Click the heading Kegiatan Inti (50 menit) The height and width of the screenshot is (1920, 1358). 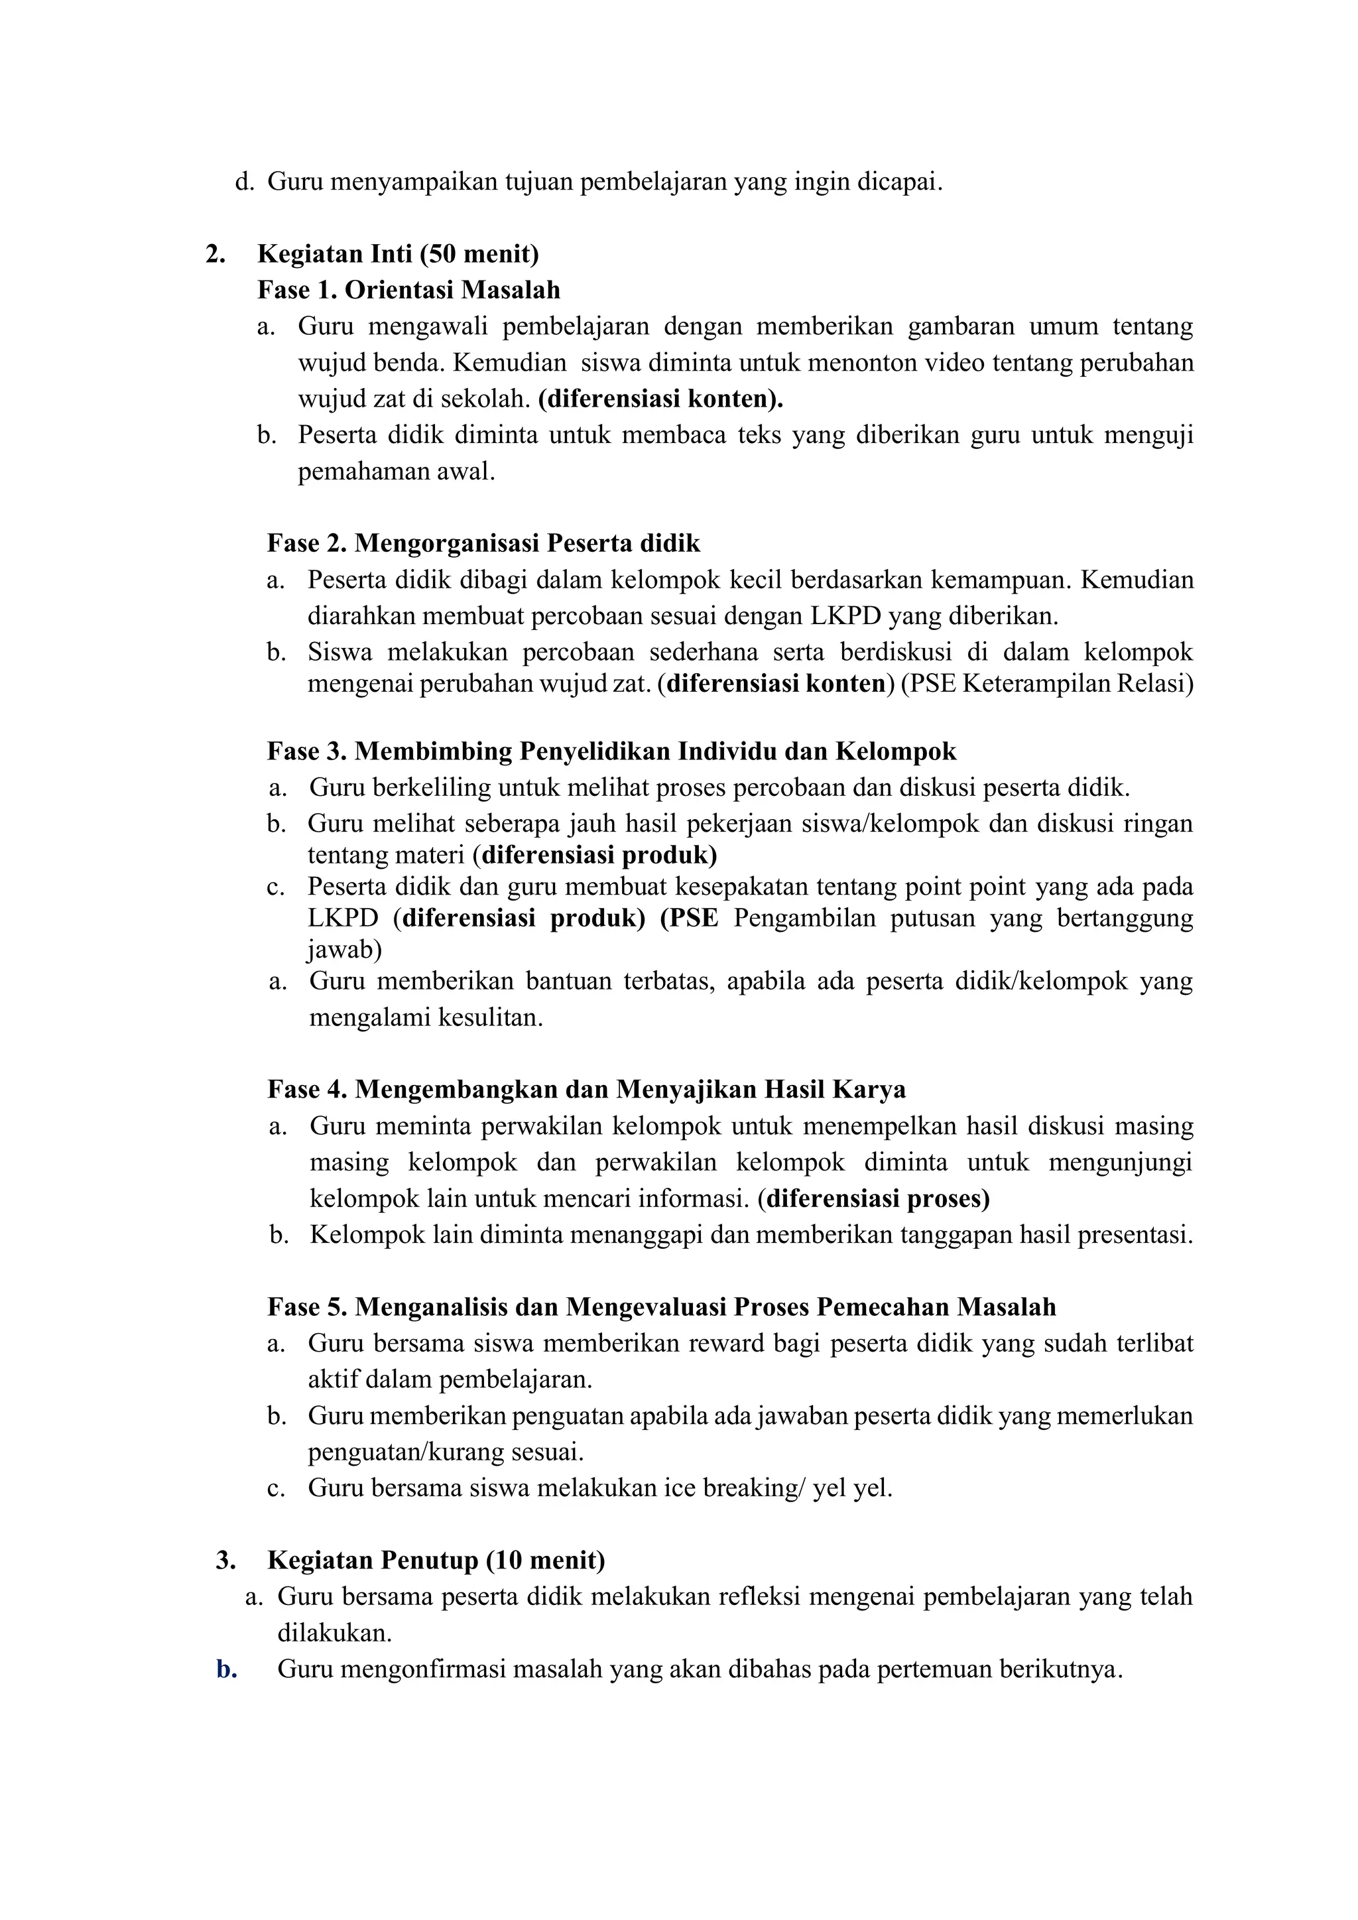pyautogui.click(x=398, y=253)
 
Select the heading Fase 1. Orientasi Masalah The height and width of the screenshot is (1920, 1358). pyautogui.click(x=409, y=290)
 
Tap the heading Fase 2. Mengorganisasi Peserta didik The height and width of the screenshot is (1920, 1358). pyautogui.click(x=483, y=544)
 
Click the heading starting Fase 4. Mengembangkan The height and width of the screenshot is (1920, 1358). pyautogui.click(x=586, y=1090)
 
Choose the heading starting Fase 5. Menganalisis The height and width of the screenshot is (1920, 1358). pyautogui.click(x=662, y=1307)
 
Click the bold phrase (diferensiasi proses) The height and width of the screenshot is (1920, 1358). pyautogui.click(x=874, y=1198)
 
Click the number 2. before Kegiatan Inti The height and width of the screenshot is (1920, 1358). pyautogui.click(x=215, y=253)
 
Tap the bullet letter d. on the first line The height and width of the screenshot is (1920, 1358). pyautogui.click(x=244, y=182)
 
